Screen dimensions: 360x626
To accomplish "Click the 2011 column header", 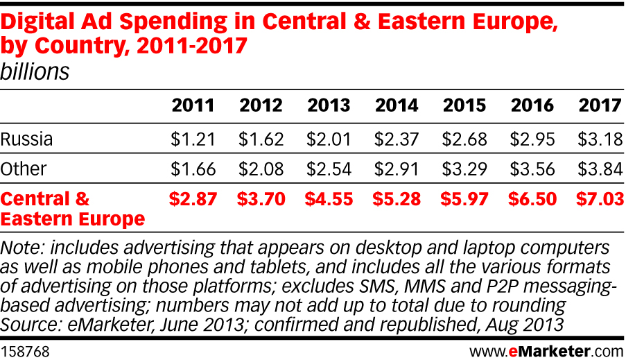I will point(193,105).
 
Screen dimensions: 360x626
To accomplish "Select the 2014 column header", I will point(397,105).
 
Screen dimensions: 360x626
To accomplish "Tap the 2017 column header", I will point(600,105).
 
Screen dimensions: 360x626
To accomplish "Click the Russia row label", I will point(26,139).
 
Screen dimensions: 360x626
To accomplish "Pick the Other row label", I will point(24,169).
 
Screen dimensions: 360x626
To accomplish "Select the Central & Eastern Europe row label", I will point(72,209).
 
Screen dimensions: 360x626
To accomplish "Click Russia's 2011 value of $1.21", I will point(193,139).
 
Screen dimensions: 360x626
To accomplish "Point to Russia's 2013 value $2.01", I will point(329,139).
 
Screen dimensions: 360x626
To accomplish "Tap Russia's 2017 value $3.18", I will point(600,139).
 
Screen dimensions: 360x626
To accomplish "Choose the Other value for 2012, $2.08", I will point(261,169).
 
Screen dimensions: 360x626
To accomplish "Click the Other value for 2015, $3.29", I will point(464,169).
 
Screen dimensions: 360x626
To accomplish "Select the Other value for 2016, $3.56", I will point(532,169).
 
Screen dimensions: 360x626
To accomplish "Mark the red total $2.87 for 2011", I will point(193,200).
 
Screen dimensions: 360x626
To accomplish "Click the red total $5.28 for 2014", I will point(397,200).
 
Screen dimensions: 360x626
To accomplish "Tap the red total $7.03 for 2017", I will point(600,200).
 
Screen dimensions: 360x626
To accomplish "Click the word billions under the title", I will point(35,71).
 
